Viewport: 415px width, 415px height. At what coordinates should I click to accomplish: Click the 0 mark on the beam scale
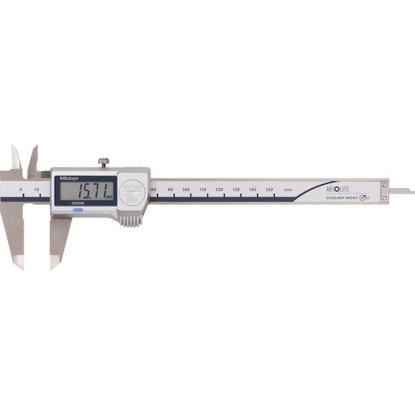click(21, 189)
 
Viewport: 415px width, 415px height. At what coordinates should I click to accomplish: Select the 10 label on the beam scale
click(37, 189)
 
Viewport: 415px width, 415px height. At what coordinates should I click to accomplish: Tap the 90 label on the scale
click(170, 189)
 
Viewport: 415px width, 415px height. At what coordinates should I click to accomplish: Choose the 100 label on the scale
click(186, 189)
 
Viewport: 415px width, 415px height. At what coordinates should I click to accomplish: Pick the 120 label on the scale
click(219, 189)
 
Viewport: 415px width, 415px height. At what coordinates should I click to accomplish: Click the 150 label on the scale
click(269, 189)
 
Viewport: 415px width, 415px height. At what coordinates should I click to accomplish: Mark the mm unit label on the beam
click(288, 189)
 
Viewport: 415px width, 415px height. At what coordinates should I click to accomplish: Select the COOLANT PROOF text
click(342, 197)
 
